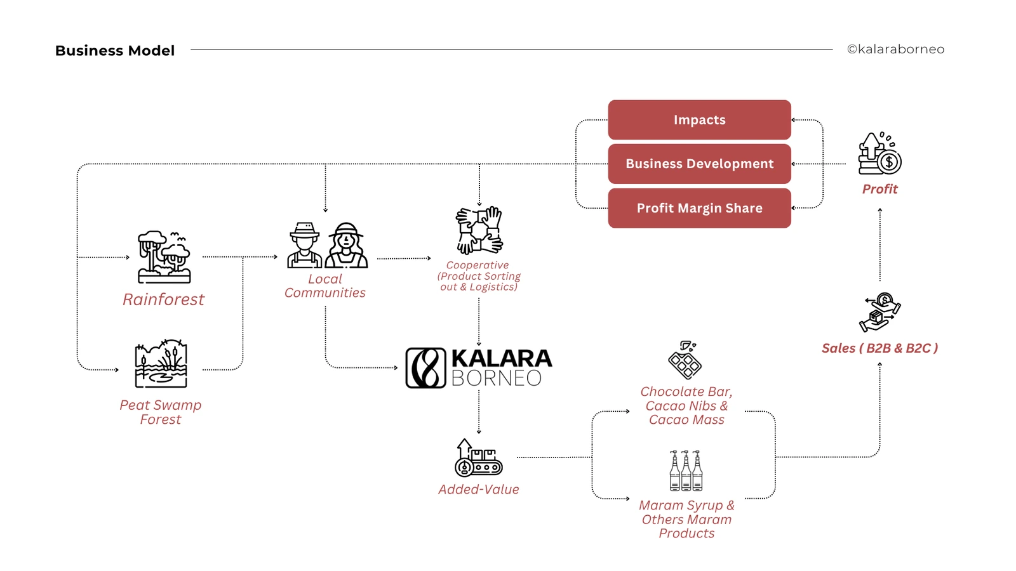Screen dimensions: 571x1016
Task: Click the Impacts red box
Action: [x=699, y=120]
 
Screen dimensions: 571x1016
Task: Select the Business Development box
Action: [x=699, y=164]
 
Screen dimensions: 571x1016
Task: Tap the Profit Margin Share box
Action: [x=699, y=208]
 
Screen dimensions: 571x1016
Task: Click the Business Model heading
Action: [x=115, y=51]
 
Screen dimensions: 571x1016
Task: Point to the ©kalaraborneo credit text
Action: [x=895, y=49]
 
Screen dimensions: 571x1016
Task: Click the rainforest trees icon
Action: [x=164, y=257]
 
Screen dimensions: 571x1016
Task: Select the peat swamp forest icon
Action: [x=161, y=364]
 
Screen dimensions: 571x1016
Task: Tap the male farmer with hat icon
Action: [x=305, y=246]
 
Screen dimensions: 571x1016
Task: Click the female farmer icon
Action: [x=346, y=246]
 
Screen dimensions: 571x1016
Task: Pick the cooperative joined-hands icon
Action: [x=479, y=230]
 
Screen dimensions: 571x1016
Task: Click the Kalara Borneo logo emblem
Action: [x=425, y=368]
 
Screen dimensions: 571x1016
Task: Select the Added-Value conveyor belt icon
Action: [x=478, y=458]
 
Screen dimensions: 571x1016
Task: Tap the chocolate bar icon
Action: [x=685, y=360]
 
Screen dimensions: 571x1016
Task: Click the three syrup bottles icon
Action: [x=686, y=471]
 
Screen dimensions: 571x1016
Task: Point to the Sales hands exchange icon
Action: [x=879, y=312]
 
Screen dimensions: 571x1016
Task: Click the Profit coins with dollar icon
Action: [x=879, y=154]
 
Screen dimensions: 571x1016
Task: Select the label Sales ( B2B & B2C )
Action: [x=879, y=348]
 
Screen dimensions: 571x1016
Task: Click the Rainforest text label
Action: [x=163, y=299]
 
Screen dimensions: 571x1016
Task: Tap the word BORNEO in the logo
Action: [x=496, y=378]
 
